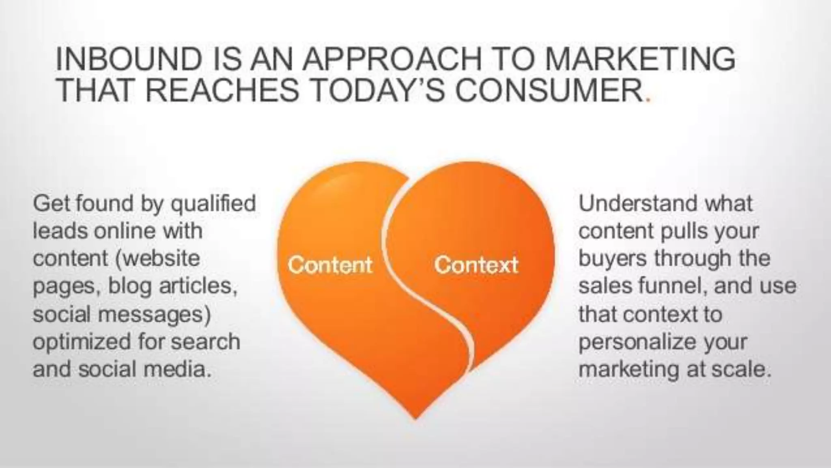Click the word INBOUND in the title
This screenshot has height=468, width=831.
pyautogui.click(x=129, y=59)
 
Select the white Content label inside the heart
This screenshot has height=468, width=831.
pyautogui.click(x=330, y=265)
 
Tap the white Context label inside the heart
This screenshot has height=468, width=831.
pyautogui.click(x=476, y=265)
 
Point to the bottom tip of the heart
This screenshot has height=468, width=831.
pyautogui.click(x=415, y=416)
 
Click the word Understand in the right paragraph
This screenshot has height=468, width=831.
pyautogui.click(x=638, y=203)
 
